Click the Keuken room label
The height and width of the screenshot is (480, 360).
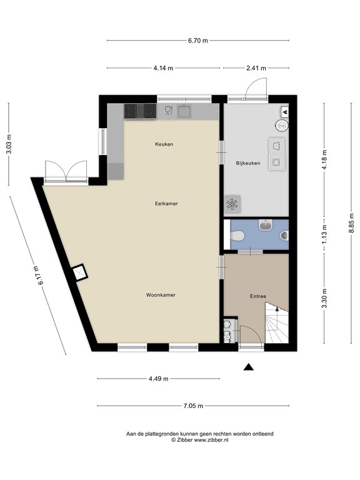click(164, 144)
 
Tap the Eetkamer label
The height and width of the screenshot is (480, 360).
click(166, 204)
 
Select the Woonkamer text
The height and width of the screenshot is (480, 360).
click(161, 295)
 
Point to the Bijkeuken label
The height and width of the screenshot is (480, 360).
click(248, 163)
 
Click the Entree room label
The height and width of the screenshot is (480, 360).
click(257, 296)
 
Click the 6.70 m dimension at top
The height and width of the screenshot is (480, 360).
click(197, 41)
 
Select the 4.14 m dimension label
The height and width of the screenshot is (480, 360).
click(163, 68)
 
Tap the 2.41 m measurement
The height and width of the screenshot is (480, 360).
click(256, 68)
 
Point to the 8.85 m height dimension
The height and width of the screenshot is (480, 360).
click(351, 223)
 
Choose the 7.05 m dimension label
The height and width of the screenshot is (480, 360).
click(193, 406)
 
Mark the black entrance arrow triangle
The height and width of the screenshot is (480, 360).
click(249, 367)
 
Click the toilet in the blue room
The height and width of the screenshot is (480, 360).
click(237, 236)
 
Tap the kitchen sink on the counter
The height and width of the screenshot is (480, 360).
click(184, 111)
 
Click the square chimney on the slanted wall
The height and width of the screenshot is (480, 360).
click(79, 272)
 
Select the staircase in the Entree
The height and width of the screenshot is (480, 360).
click(277, 323)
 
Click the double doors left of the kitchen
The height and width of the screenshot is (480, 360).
click(66, 172)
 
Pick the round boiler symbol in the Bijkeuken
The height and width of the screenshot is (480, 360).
click(281, 125)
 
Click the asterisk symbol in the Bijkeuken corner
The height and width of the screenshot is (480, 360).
click(232, 204)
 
